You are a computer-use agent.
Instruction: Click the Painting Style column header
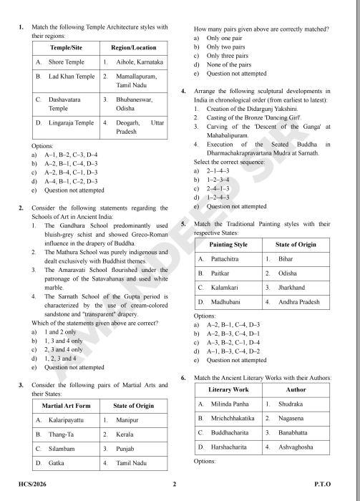point(226,244)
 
